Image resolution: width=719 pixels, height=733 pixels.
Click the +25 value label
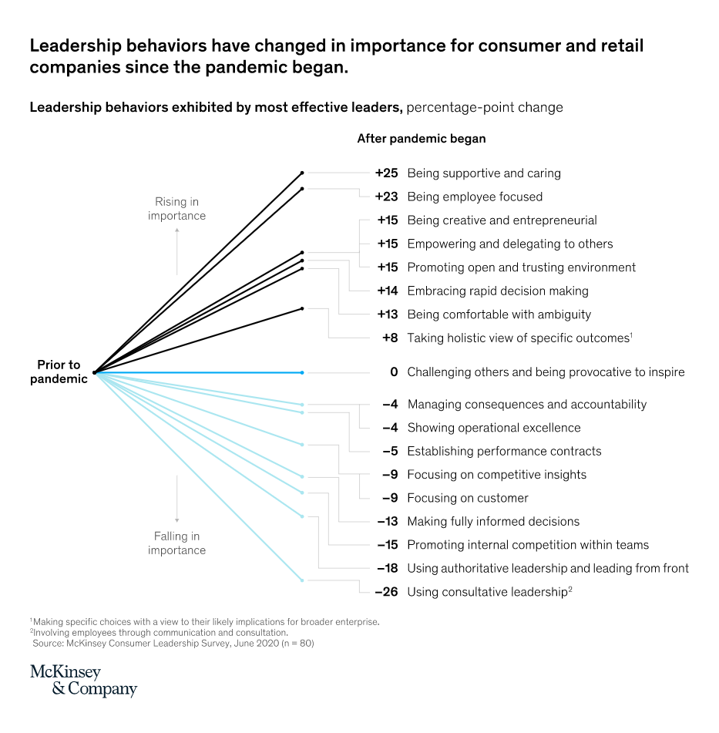tap(386, 173)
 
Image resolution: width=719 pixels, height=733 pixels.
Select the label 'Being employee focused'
tap(475, 197)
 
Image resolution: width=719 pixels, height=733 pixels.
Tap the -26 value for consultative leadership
tap(386, 592)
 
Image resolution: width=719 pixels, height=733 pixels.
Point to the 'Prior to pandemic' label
tap(59, 372)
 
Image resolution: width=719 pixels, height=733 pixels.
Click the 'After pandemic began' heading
tap(421, 139)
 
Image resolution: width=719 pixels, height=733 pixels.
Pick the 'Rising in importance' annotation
tap(176, 209)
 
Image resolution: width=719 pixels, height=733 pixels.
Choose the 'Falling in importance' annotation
tap(176, 543)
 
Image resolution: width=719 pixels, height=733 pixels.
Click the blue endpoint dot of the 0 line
tap(302, 373)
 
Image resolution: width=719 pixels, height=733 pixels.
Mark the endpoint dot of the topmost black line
tap(302, 173)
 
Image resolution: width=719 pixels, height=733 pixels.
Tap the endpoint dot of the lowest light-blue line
tap(302, 580)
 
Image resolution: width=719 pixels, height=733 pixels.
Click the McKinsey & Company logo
tap(83, 681)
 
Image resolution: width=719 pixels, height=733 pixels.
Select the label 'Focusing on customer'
tap(468, 498)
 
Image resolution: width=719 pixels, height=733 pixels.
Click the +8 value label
tap(390, 338)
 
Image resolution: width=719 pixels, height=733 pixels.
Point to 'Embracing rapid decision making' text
tap(497, 291)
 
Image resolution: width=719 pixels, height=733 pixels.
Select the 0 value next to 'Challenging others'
tap(394, 372)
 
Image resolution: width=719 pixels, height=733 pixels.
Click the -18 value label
tap(387, 568)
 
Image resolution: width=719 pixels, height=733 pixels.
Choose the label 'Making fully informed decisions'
tap(493, 521)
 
